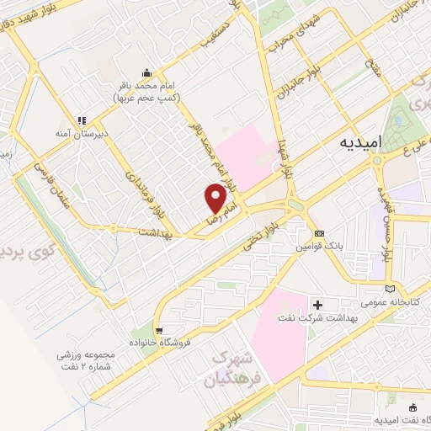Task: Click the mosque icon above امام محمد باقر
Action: coord(148,72)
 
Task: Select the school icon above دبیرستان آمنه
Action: coord(83,120)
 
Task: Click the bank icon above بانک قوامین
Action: coord(319,233)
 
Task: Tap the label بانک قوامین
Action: coord(318,247)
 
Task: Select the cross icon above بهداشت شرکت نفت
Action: coord(317,304)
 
